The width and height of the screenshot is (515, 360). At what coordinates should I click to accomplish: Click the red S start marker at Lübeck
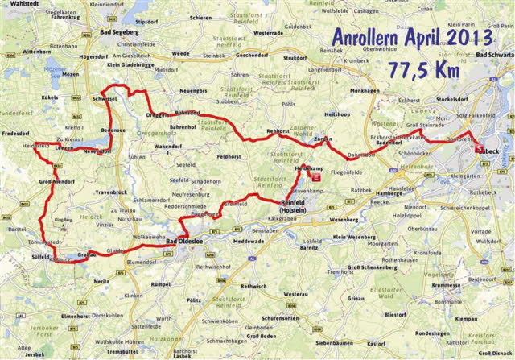tap(480, 148)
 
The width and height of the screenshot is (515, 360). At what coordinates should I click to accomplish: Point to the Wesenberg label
tap(344, 218)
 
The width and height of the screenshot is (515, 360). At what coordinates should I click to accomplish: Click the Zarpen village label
tap(323, 139)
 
